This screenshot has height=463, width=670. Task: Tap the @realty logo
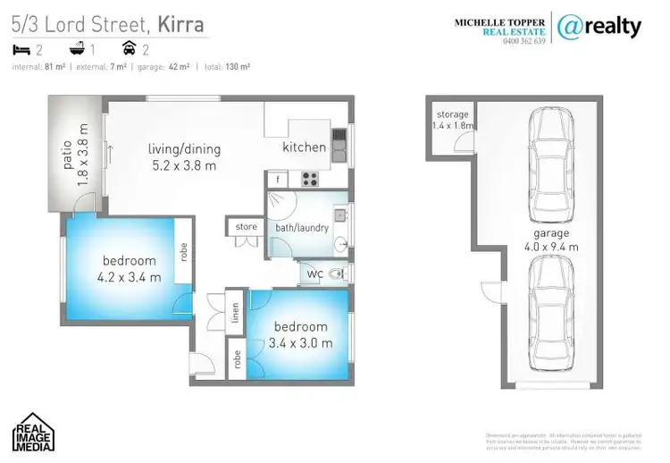(x=599, y=27)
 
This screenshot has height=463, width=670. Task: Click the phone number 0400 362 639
(x=523, y=42)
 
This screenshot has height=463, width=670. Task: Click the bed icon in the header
(x=21, y=49)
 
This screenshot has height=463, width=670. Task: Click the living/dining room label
(x=184, y=149)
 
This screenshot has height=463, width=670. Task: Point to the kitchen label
(x=305, y=147)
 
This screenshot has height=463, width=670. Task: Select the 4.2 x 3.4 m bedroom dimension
(x=130, y=276)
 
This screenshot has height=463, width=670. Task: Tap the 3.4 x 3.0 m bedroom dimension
(x=301, y=342)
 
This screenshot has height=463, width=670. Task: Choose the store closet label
(x=247, y=227)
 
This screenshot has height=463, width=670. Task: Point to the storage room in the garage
(x=452, y=121)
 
